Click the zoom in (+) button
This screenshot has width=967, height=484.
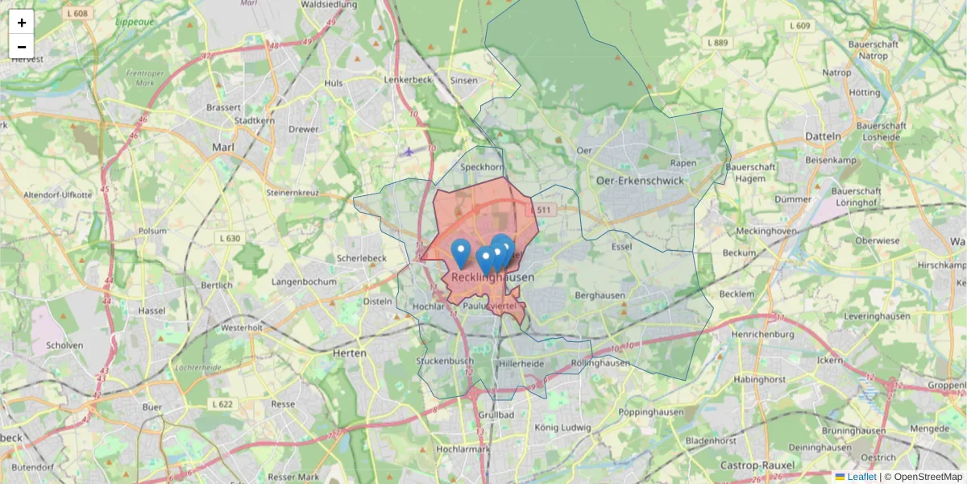[x=22, y=22]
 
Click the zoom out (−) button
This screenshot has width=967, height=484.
[x=22, y=46]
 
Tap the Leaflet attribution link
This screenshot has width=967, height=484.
[x=861, y=477]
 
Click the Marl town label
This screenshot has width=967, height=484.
[x=222, y=148]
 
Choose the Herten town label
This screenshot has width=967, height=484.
[x=350, y=353]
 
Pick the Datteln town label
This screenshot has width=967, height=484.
[x=823, y=136]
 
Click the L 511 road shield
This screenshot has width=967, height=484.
[x=544, y=210]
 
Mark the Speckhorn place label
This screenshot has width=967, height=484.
[x=481, y=168]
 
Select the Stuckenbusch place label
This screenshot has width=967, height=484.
[x=445, y=361]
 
